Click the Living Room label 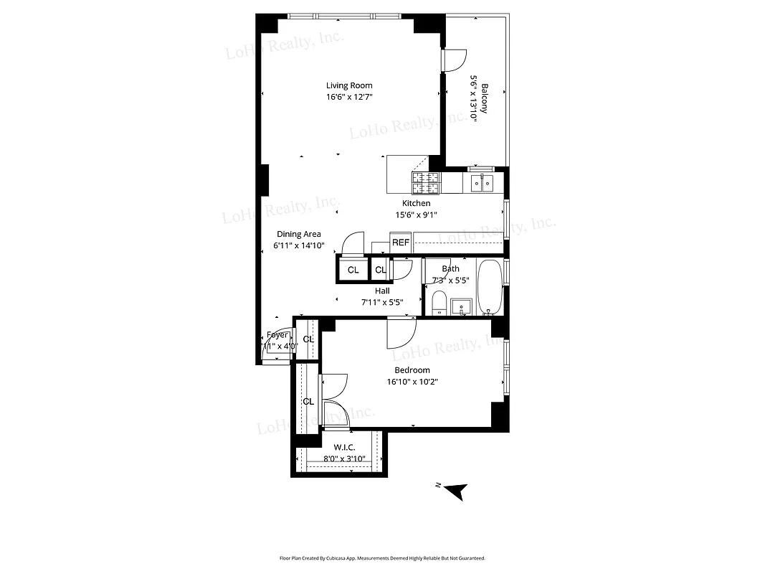[x=349, y=85]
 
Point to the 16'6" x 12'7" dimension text [x=349, y=97]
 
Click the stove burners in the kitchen [x=426, y=184]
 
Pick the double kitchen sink [x=481, y=184]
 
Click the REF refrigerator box [x=400, y=243]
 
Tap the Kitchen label [x=416, y=203]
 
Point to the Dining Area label [x=299, y=234]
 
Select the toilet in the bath [x=439, y=303]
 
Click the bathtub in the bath [x=490, y=287]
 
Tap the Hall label [x=382, y=291]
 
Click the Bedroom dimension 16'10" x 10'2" [x=412, y=382]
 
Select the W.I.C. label [x=344, y=448]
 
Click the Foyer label [x=277, y=335]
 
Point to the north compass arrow [x=455, y=491]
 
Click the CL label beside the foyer [x=308, y=339]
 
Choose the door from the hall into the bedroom [x=401, y=331]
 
